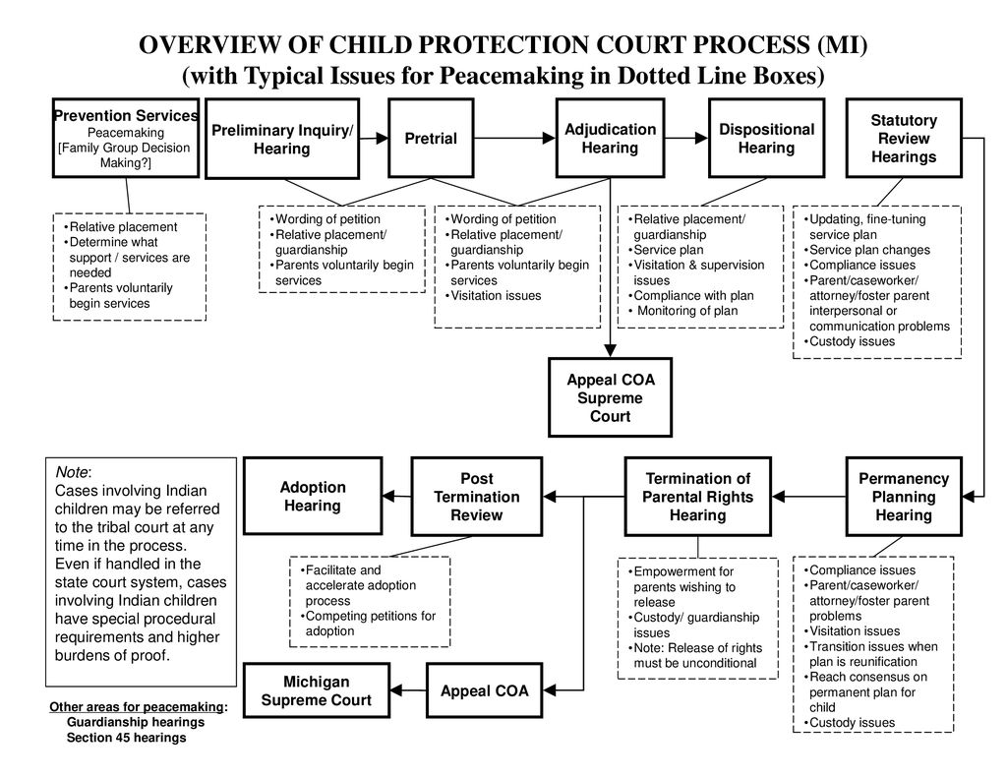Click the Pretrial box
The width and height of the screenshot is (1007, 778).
pos(431,138)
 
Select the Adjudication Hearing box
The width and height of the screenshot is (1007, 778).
pos(610,138)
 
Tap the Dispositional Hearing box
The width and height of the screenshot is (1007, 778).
pos(766,138)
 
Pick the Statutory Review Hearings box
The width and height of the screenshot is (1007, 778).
pos(904,138)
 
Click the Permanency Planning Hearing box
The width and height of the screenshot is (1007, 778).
pos(904,497)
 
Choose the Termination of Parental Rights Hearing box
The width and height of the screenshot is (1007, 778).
pos(697,497)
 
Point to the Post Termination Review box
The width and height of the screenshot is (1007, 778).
pos(477,497)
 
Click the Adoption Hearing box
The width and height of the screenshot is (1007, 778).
pos(313,496)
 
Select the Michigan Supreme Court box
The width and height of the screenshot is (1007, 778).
pos(317,690)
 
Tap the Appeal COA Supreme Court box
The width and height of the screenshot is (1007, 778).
pos(610,397)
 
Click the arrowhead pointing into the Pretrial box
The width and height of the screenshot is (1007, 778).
pos(383,138)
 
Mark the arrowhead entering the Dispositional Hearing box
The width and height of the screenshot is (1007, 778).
pos(702,138)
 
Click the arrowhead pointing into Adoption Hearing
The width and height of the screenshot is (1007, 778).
pos(389,497)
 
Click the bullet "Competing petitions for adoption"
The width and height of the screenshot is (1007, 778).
pos(368,624)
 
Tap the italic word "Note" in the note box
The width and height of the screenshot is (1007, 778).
pos(71,472)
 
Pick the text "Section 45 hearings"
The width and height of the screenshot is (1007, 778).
pos(127,738)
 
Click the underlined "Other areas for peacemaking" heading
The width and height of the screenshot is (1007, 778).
pos(138,706)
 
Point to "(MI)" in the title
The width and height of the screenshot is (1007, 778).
pos(842,45)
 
